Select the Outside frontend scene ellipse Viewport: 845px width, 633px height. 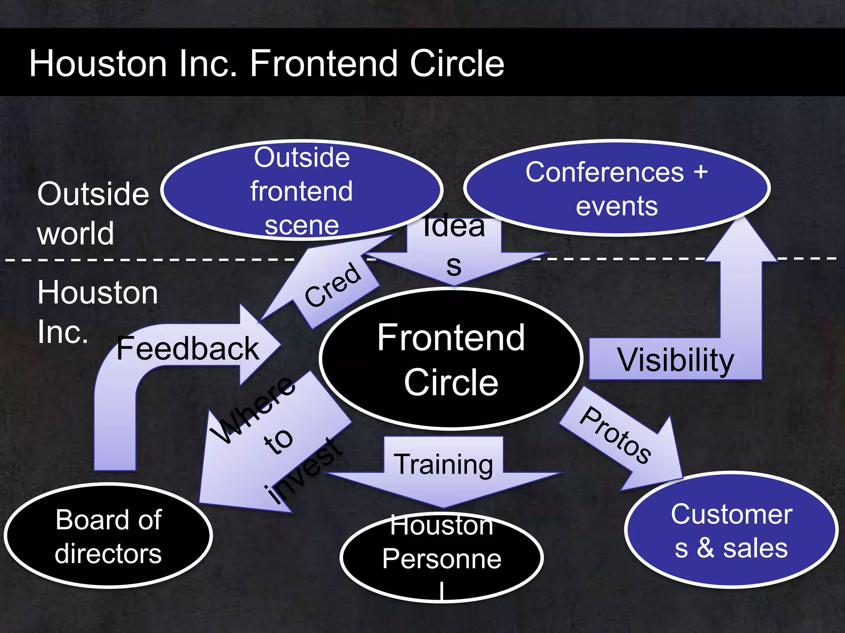click(302, 190)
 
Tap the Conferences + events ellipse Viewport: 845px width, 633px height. click(616, 188)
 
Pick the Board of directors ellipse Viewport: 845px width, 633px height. click(108, 536)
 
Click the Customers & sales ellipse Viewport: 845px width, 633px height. click(731, 530)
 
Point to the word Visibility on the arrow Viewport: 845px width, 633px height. click(675, 360)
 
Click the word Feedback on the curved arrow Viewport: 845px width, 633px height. click(188, 349)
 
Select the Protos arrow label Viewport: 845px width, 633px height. click(615, 435)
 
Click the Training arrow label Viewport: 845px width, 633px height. click(443, 464)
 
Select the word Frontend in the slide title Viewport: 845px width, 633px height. click(324, 63)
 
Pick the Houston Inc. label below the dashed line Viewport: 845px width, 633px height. click(97, 312)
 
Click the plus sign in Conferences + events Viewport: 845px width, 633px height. click(701, 171)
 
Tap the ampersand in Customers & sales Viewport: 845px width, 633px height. click(706, 549)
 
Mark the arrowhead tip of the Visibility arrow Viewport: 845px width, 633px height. click(741, 218)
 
